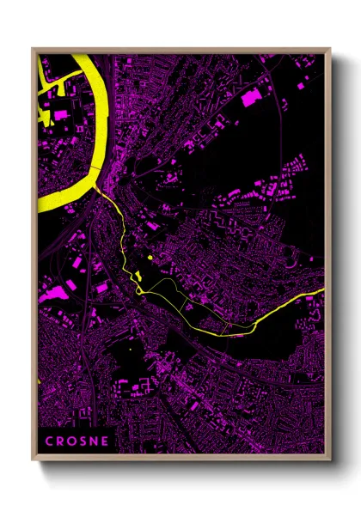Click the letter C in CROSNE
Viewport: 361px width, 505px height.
48,441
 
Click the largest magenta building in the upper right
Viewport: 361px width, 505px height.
251,97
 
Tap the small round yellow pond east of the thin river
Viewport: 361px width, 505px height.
150,256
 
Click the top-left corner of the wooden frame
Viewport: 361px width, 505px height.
34,50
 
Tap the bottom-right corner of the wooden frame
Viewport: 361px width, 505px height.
330,458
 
